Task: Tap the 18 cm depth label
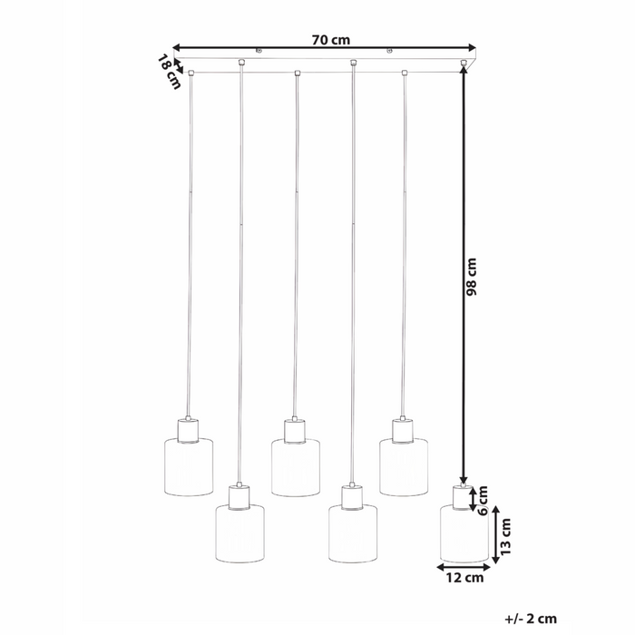169,72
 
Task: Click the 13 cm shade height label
508,538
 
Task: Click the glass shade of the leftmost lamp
189,467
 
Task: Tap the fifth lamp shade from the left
404,467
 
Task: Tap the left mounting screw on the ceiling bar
259,53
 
